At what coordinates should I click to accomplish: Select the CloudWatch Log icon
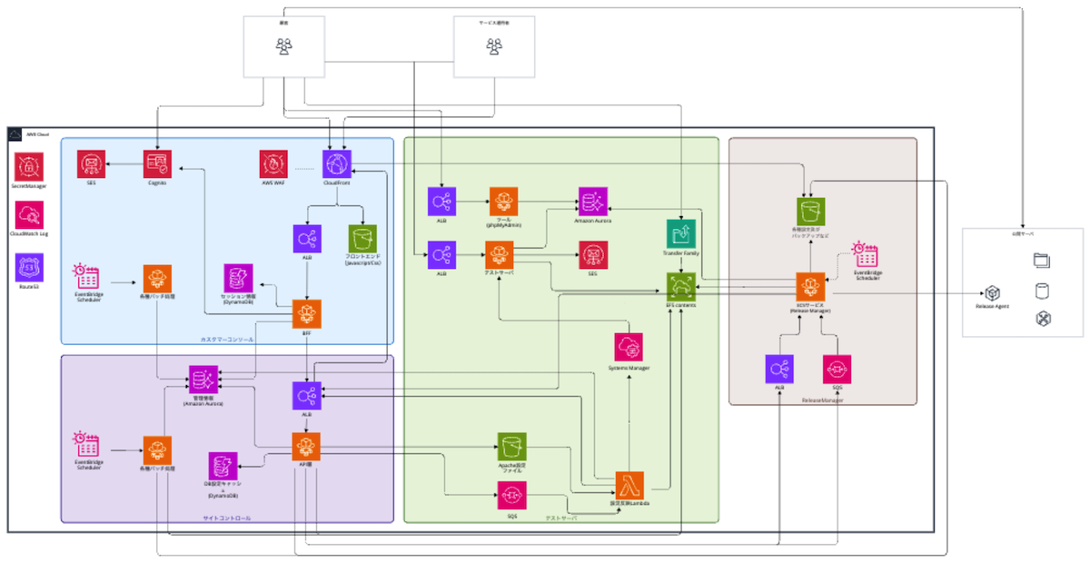click(28, 214)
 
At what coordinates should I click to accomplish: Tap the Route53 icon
click(28, 267)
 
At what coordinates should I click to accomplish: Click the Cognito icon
click(157, 164)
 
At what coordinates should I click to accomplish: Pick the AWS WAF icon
click(273, 164)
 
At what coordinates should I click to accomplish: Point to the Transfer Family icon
click(680, 233)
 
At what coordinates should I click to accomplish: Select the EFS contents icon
click(680, 287)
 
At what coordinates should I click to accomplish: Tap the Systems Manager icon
click(628, 348)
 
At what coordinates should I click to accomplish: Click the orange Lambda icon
click(629, 486)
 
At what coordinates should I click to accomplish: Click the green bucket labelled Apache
click(511, 446)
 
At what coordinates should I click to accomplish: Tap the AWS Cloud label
click(38, 133)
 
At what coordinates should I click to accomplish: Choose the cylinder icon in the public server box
click(1042, 291)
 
